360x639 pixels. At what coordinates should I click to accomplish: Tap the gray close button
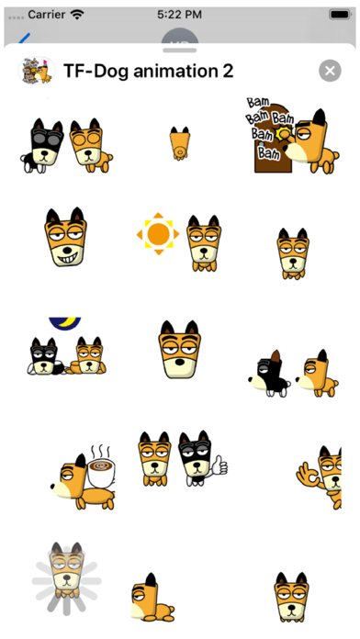[x=330, y=71]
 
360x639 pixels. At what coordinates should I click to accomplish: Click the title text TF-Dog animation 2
[x=149, y=72]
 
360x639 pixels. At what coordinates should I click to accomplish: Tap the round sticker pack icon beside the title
[x=37, y=71]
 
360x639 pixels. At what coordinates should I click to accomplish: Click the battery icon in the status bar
[x=341, y=15]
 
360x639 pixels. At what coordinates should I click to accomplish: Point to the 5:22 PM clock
[x=179, y=15]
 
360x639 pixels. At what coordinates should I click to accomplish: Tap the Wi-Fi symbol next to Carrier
[x=76, y=15]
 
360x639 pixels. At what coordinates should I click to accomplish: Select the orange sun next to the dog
[x=158, y=233]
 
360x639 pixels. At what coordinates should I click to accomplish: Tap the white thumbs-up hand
[x=219, y=465]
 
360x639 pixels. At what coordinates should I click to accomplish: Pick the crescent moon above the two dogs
[x=65, y=323]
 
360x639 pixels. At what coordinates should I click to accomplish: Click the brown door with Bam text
[x=272, y=139]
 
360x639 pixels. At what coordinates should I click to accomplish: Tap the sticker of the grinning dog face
[x=65, y=237]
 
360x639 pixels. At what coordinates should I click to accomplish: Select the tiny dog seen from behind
[x=180, y=143]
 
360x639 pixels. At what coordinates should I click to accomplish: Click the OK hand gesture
[x=309, y=474]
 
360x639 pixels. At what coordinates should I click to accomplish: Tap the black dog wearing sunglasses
[x=42, y=145]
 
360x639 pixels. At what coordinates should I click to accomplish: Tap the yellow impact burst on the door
[x=284, y=134]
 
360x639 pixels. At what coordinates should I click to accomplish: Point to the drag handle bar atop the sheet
[x=180, y=50]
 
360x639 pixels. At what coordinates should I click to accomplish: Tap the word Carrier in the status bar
[x=47, y=15]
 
